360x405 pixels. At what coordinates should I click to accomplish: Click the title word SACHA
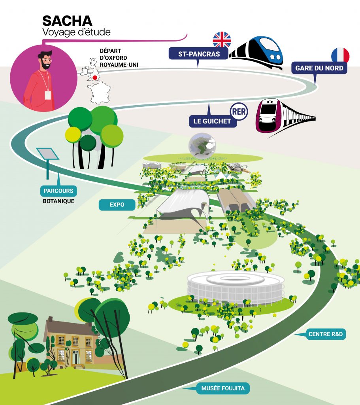coord(67,21)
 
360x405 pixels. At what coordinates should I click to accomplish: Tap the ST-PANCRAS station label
coord(199,54)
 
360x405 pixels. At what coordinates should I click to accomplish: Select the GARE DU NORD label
coord(319,68)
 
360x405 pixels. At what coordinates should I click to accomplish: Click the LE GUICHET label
coord(213,121)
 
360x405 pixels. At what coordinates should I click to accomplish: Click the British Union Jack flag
coord(222,40)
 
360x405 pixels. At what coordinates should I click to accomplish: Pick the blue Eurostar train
coord(259,51)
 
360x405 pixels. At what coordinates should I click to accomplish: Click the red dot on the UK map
coord(95,78)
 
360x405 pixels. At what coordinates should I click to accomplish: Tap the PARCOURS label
coord(58,191)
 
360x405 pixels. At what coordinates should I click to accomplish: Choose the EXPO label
coord(117,204)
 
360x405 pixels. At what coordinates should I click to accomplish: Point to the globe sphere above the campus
coord(202,144)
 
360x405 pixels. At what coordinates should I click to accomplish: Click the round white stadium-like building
coord(236,287)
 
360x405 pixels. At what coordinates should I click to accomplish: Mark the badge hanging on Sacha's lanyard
coord(48,95)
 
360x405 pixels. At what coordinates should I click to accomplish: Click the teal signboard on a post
coord(47,154)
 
